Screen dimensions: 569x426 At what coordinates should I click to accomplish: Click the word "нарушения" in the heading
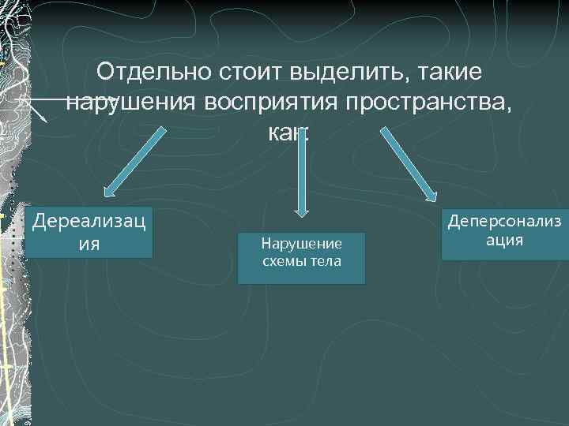[x=132, y=103]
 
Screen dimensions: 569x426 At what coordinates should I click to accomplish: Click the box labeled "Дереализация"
[x=89, y=232]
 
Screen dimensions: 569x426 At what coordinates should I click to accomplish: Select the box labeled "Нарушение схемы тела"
[x=301, y=257]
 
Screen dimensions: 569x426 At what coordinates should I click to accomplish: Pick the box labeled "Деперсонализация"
[x=504, y=234]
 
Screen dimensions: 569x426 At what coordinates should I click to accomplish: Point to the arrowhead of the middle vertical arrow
[x=301, y=209]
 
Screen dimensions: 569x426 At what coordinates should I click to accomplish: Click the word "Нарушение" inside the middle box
[x=301, y=245]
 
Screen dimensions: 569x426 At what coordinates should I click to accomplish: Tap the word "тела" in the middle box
[x=326, y=261]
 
